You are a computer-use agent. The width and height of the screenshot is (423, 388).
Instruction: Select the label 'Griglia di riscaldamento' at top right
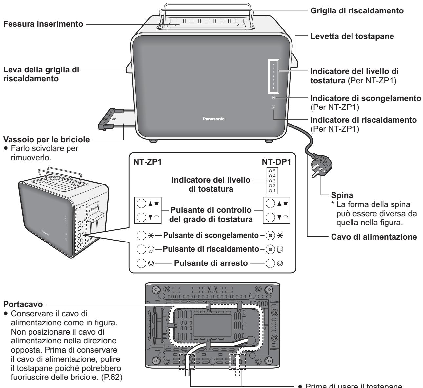click(357, 10)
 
